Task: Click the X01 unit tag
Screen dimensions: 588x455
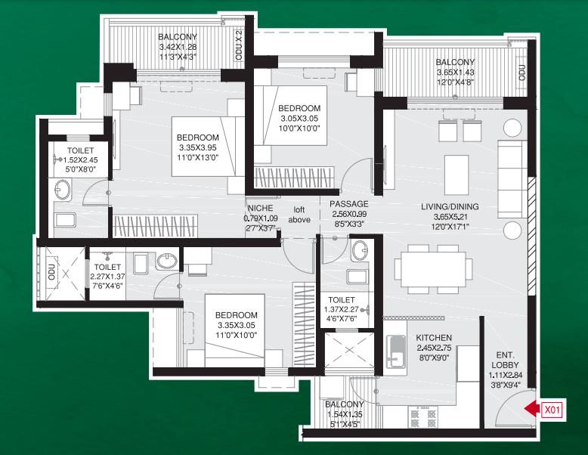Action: point(552,410)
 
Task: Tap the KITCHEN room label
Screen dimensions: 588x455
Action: point(434,338)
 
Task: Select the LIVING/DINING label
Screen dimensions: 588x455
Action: point(450,206)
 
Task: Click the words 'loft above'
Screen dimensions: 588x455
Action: point(299,215)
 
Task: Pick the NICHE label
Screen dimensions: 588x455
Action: point(260,208)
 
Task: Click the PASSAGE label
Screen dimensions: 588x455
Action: point(348,204)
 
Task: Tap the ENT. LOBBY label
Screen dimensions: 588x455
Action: point(505,360)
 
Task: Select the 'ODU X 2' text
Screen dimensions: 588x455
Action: point(240,46)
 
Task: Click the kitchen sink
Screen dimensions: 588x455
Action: point(396,351)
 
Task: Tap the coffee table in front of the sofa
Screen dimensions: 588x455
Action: point(456,175)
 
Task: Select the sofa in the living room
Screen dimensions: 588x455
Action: point(510,179)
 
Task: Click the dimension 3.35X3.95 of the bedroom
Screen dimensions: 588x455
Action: point(197,147)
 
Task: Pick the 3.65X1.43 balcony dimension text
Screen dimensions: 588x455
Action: point(455,72)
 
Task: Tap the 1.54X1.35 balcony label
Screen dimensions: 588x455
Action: point(344,414)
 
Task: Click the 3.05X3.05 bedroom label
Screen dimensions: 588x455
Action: point(299,119)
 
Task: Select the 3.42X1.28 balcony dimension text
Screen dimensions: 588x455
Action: point(178,47)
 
